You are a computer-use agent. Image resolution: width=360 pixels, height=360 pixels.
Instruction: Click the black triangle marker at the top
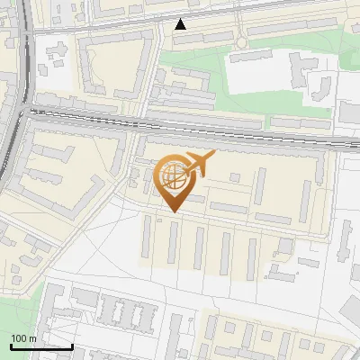click(180, 24)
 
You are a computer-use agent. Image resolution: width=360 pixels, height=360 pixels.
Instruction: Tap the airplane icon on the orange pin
click(198, 165)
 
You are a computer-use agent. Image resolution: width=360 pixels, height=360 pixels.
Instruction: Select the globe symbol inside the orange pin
click(171, 177)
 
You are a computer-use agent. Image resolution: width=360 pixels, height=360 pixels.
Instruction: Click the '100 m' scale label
click(23, 337)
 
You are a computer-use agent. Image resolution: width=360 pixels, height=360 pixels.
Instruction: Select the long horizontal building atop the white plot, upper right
click(257, 57)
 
